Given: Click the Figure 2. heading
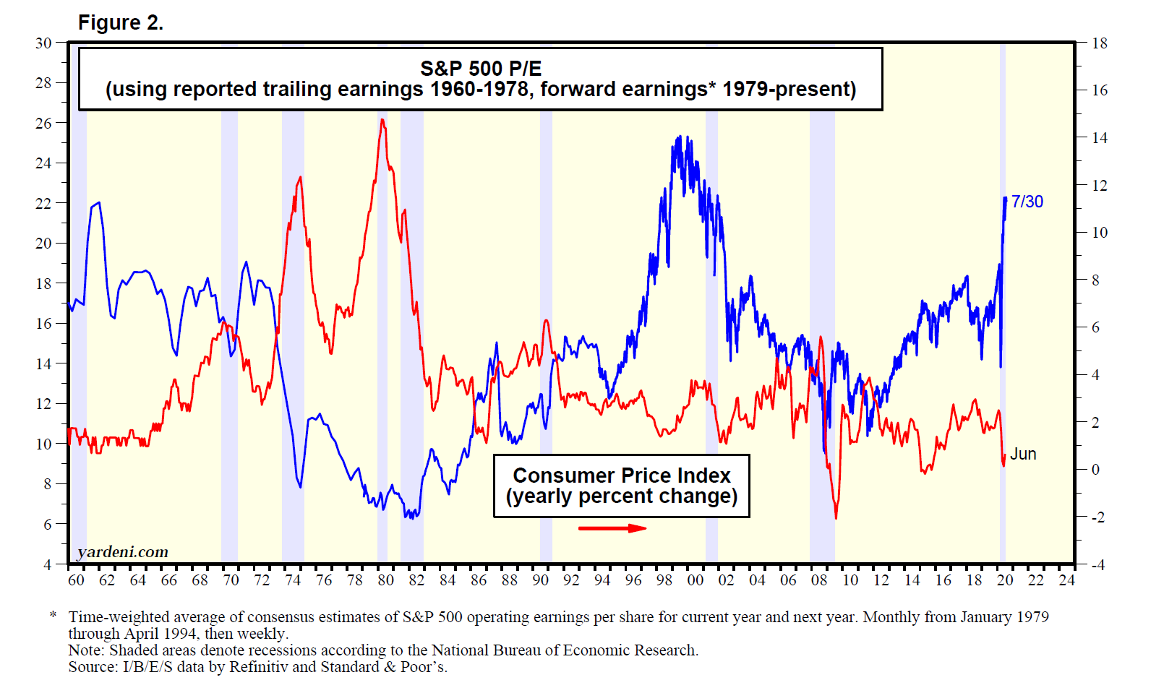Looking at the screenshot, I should click(120, 23).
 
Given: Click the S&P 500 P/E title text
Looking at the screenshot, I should click(481, 69).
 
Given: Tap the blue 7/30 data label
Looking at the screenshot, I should click(1027, 202).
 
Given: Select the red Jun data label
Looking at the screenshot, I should click(1023, 454).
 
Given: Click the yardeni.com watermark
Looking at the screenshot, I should click(123, 552).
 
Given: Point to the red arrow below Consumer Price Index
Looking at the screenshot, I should click(612, 528).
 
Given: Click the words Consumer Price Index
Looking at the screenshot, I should click(622, 475).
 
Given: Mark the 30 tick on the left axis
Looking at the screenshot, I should click(43, 43).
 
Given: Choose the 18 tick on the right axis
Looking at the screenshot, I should click(1099, 43).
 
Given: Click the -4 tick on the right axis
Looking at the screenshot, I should click(1097, 565).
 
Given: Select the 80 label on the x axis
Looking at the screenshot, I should click(385, 580).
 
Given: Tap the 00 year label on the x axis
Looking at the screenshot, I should click(695, 580).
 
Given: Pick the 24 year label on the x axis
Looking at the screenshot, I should click(1066, 580).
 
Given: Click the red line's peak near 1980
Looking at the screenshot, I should click(382, 120).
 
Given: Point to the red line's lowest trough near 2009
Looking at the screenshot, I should click(836, 517).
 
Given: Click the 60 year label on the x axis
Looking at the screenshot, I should click(76, 580).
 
